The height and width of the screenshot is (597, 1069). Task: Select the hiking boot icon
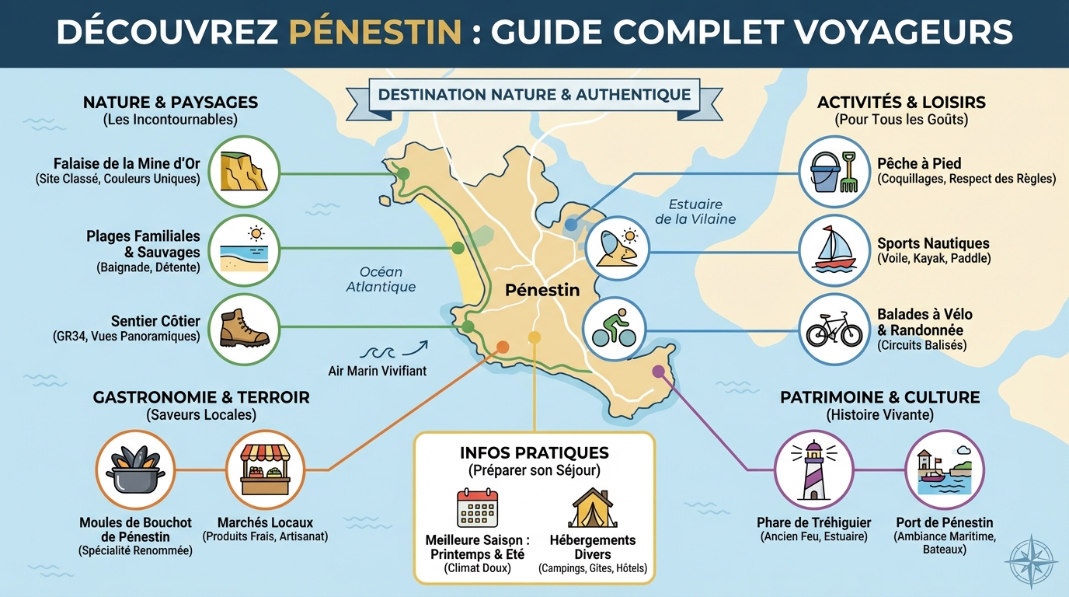point(244,330)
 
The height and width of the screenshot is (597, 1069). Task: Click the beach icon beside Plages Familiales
point(244,250)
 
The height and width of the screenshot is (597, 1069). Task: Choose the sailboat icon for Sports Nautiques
point(834,250)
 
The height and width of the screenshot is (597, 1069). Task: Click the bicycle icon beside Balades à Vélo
point(834,330)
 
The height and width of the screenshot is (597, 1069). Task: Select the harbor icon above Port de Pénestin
point(944,469)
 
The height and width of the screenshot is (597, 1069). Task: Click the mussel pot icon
point(135,469)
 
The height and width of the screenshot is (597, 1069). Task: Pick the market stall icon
point(265,469)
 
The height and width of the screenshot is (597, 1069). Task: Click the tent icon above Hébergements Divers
point(593,508)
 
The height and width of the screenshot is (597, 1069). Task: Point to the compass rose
point(1031,560)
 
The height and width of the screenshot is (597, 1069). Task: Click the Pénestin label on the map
point(542,290)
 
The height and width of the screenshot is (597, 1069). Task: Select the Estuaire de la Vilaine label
point(695,211)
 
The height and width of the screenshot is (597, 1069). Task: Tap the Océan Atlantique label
point(381,279)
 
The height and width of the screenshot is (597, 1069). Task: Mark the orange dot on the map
point(503,347)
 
